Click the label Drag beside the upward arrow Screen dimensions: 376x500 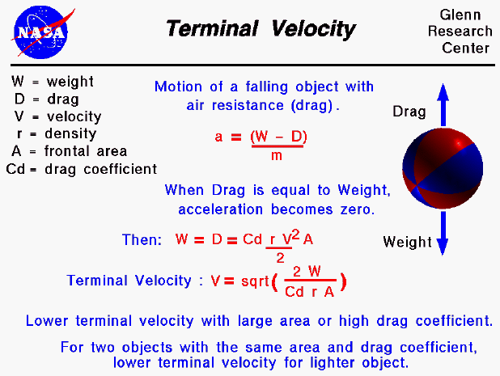(x=409, y=112)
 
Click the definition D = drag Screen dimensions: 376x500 (x=45, y=99)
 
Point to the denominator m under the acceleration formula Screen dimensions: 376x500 (x=276, y=155)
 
